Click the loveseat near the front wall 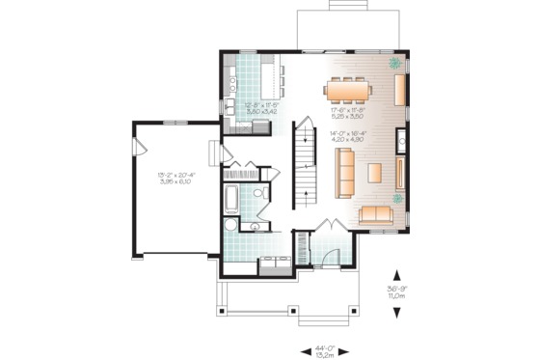[x=376, y=214]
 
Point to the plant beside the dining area [x=395, y=65]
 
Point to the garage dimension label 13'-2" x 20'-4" [x=175, y=179]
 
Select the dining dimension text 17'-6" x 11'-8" [x=349, y=112]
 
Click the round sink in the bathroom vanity [x=255, y=228]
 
